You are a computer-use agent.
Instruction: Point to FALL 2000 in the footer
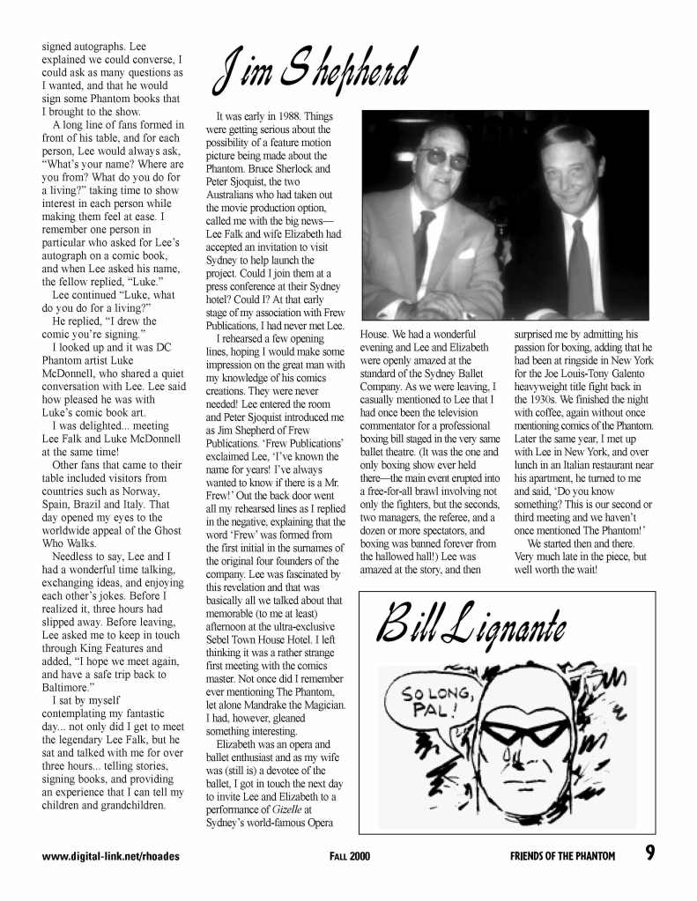coord(350,855)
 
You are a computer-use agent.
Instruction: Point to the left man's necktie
coord(424,247)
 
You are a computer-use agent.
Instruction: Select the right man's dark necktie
coord(579,264)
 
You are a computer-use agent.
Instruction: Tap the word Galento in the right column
coord(630,373)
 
